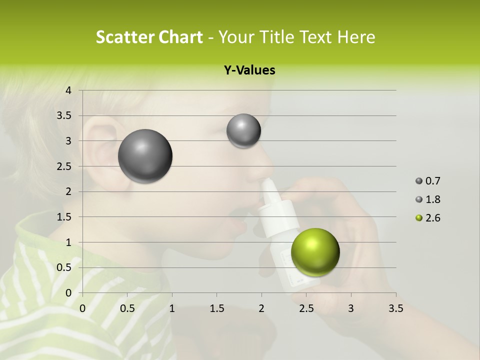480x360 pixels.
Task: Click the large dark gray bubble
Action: tap(145, 156)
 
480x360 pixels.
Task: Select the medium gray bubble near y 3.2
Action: tap(243, 131)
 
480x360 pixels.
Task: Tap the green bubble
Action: tap(315, 252)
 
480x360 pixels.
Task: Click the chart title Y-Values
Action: tap(249, 70)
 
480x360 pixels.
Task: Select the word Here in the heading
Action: tap(356, 37)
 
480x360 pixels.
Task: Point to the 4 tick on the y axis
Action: tap(69, 90)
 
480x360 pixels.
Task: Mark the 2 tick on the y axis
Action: tap(69, 191)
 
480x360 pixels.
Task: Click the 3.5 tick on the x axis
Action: tap(395, 308)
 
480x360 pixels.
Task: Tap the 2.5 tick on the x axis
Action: tap(306, 308)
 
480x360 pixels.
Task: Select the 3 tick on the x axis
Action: tap(351, 308)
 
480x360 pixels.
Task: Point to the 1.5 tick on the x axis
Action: tap(216, 308)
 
